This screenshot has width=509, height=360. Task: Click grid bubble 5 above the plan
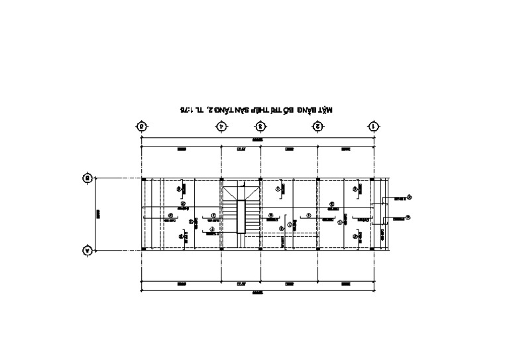tap(141, 125)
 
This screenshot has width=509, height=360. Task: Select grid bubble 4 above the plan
tap(221, 125)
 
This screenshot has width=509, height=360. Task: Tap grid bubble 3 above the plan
tap(261, 125)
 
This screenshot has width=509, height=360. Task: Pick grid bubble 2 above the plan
tap(318, 125)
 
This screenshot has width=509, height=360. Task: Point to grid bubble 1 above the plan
tap(374, 125)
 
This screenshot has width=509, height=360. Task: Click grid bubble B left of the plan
tap(86, 178)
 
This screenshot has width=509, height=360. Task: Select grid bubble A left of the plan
tap(86, 250)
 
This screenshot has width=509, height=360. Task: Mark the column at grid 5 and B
tap(143, 179)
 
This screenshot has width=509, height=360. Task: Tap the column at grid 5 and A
tap(143, 249)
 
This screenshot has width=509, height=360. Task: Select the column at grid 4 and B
tap(221, 179)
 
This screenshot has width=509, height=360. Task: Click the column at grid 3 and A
tap(261, 249)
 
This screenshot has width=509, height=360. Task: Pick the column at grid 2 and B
tap(318, 179)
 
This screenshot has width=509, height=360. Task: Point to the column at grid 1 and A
tap(373, 249)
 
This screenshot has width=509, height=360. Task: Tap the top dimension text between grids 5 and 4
tap(181, 150)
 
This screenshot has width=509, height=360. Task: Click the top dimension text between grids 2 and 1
tap(346, 150)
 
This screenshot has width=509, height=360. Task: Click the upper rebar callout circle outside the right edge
tap(409, 196)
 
